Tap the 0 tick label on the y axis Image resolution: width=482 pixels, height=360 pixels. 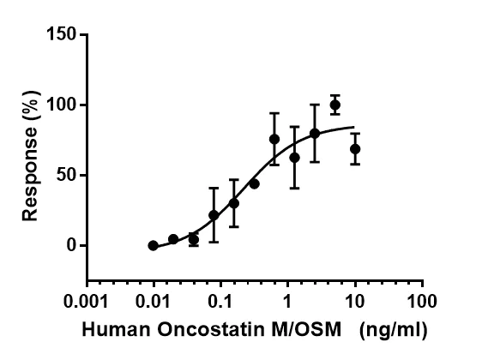pos(73,246)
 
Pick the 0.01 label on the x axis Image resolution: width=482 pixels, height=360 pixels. pos(153,302)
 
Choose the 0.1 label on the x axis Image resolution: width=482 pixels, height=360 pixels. pos(220,302)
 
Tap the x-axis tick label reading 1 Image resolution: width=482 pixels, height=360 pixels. pos(287,302)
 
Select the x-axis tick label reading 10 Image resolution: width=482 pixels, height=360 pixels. pos(354,302)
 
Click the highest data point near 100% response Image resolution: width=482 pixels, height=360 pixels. pos(334,105)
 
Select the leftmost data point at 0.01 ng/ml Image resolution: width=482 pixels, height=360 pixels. pos(153,245)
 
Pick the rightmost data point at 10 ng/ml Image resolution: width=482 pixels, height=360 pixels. pos(355,149)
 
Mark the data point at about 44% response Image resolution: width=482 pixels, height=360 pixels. pos(254,183)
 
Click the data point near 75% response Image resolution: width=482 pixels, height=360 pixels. pos(274,139)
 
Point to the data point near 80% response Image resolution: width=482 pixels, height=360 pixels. pos(315,133)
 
